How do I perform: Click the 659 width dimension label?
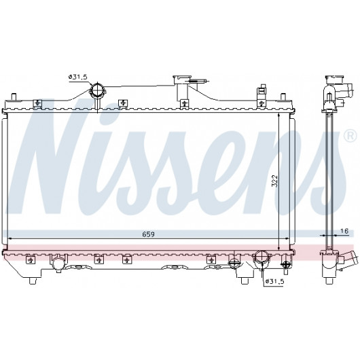[148, 234]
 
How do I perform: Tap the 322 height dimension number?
[274, 181]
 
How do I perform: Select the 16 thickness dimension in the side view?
[345, 231]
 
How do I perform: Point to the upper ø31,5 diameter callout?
[78, 77]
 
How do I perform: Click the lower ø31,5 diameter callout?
[274, 281]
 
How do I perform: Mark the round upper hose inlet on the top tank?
[97, 91]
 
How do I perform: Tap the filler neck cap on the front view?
[182, 79]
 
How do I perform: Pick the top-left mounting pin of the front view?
[14, 96]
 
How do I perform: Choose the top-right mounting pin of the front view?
[283, 96]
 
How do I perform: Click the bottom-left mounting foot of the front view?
[33, 281]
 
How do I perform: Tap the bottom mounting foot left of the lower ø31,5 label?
[245, 281]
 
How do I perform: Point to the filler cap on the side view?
[334, 79]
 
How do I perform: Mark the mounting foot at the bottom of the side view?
[329, 281]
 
